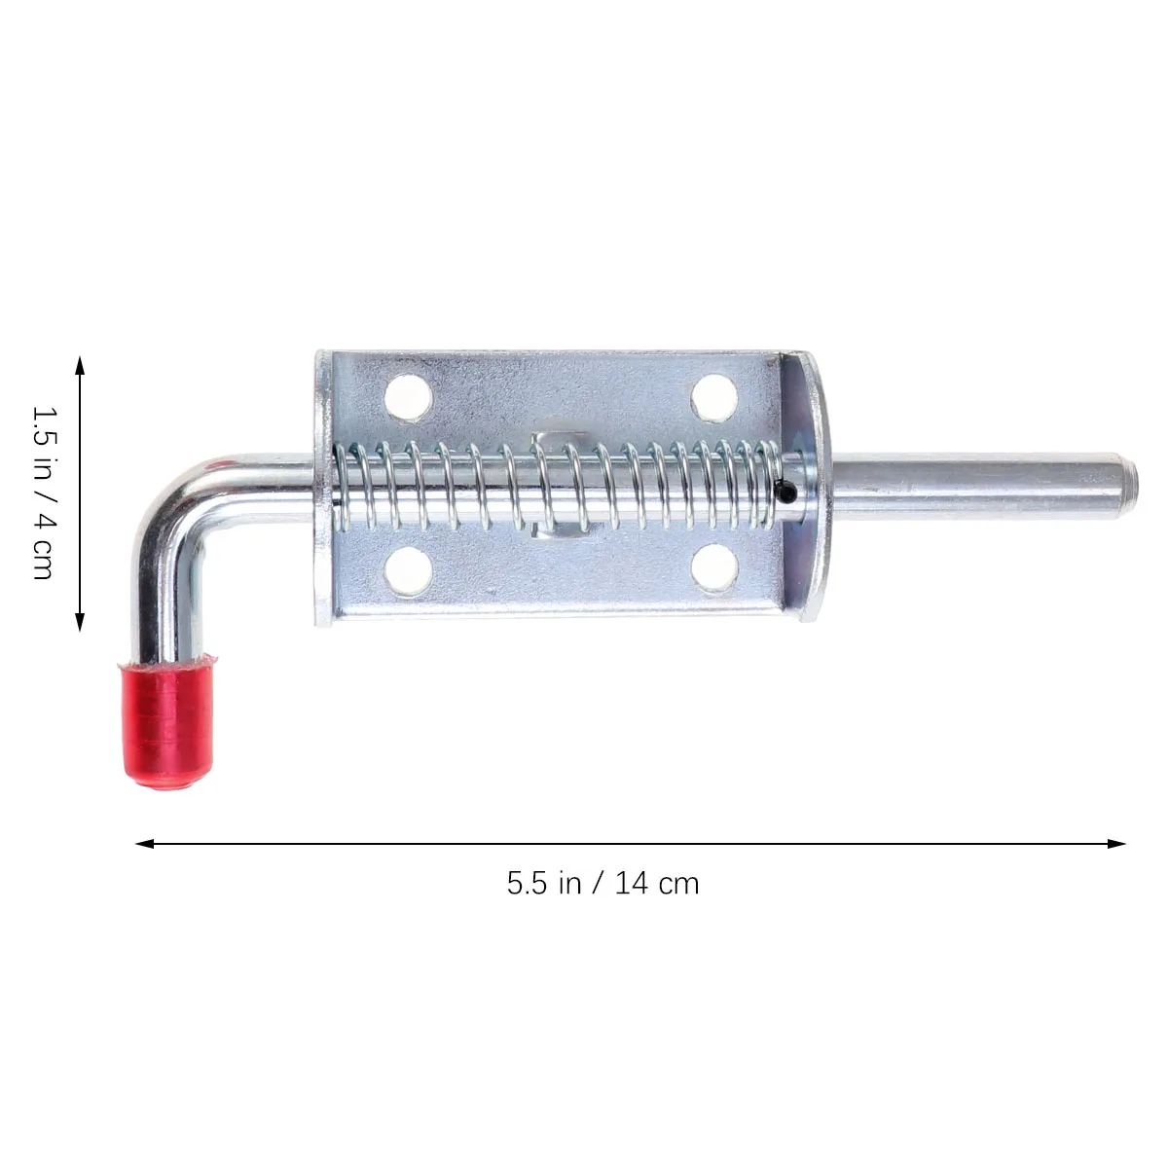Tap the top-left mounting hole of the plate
click(x=408, y=395)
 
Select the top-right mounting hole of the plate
click(x=713, y=394)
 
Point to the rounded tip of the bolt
click(x=1119, y=474)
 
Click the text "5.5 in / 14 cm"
click(x=602, y=884)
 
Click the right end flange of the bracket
click(x=809, y=487)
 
